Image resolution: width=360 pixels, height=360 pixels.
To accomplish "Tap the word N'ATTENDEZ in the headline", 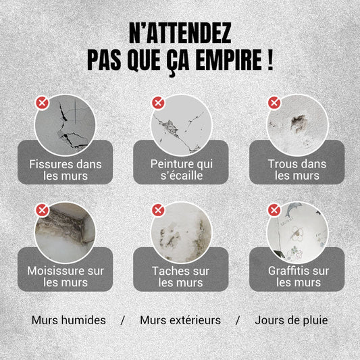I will [180, 32].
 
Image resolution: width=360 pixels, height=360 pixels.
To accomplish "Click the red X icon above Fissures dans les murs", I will [42, 103].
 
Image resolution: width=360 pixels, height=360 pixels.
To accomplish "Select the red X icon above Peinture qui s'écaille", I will [158, 103].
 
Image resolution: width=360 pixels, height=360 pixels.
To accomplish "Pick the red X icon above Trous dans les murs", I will [274, 103].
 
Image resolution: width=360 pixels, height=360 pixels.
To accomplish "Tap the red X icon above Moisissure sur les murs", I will [42, 210].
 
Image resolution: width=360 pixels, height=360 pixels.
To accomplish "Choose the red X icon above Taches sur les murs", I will [158, 210].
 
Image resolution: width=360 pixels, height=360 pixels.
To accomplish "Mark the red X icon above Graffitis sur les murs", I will [274, 210].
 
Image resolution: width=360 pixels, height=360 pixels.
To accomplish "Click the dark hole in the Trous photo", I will [297, 122].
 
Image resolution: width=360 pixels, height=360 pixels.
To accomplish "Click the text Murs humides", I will [68, 319].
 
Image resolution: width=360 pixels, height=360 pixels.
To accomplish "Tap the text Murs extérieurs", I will [180, 319].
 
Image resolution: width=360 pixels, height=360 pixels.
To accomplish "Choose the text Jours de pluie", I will [291, 319].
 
